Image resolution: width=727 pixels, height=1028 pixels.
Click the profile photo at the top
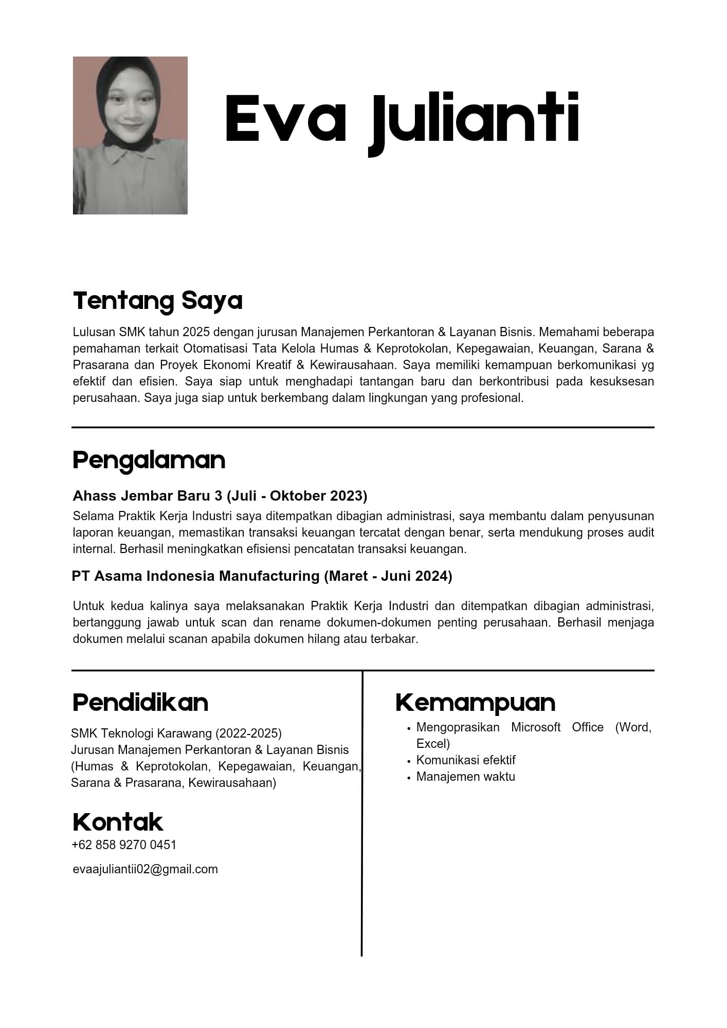pos(130,135)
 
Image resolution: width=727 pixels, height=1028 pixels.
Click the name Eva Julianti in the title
pos(402,119)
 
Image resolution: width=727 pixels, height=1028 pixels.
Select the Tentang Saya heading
pos(157,301)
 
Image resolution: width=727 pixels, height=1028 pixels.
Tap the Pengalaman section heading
pos(149,460)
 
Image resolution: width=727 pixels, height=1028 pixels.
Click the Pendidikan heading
pos(140,703)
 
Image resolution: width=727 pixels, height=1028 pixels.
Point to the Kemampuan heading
pos(475,703)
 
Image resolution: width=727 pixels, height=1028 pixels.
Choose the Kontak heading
pos(118,822)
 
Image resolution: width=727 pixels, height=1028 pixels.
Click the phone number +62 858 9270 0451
pos(124,845)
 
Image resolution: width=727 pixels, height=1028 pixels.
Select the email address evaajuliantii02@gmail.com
pos(145,869)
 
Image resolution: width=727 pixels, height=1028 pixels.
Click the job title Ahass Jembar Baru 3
pos(148,496)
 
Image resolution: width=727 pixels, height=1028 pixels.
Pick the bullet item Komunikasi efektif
pos(465,760)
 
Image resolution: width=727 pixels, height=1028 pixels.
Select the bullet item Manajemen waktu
pos(465,777)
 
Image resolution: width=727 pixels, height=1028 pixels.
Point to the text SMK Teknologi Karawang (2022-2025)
pos(176,733)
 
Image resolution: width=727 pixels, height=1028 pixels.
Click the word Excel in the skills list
pos(432,744)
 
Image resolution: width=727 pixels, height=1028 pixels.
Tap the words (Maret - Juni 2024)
pos(388,576)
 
